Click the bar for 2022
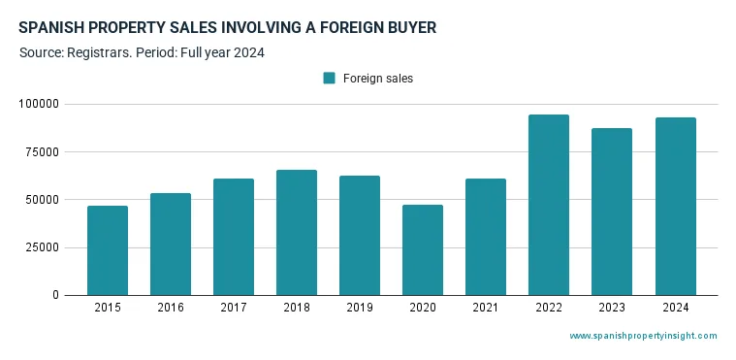549,205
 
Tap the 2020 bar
423,249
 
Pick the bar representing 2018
297,232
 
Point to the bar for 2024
675,206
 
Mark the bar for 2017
234,237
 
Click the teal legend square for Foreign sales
330,79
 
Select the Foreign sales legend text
378,79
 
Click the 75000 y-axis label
43,151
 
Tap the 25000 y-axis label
43,247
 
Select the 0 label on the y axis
55,295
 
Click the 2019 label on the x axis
360,309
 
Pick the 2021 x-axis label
486,309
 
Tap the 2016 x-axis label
171,309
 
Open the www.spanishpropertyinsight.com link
643,336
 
